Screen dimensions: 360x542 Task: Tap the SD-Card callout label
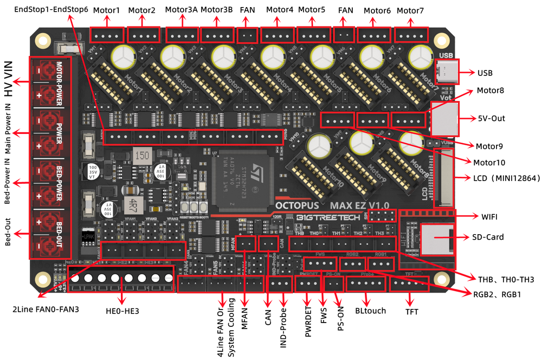487,237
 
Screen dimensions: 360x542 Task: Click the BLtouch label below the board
370,311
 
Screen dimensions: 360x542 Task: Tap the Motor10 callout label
489,162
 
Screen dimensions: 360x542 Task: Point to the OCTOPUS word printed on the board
300,206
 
